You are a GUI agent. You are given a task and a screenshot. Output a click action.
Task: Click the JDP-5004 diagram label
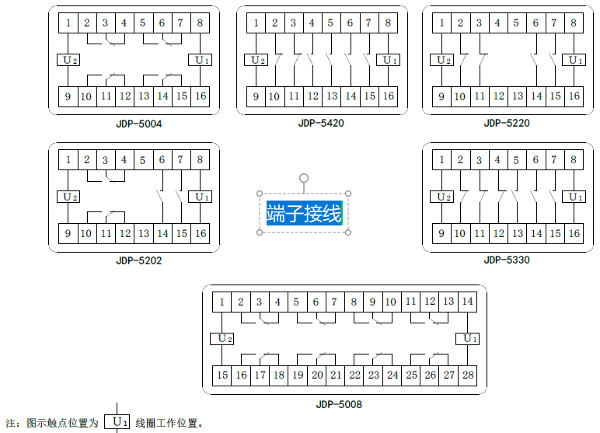coord(139,123)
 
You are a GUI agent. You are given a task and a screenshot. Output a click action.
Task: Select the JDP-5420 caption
coord(320,123)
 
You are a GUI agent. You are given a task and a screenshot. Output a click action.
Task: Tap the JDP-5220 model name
coord(506,123)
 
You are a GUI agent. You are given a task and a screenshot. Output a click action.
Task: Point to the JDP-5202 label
coord(139,260)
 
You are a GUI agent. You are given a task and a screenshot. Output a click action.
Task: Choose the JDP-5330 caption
coord(506,260)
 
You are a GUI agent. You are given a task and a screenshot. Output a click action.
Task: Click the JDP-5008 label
coord(339,404)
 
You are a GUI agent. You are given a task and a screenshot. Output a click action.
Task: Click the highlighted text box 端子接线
coord(304,213)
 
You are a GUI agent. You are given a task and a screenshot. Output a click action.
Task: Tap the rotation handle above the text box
coord(304,178)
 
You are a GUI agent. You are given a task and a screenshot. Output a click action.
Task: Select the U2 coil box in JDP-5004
coord(69,60)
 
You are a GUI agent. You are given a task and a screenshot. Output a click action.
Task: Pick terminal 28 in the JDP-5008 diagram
coord(467,375)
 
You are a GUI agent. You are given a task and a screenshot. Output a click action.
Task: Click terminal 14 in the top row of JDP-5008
coord(467,302)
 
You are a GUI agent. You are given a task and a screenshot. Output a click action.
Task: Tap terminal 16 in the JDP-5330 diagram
coord(574,233)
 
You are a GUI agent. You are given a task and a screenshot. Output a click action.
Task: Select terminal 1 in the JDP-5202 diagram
coord(68,160)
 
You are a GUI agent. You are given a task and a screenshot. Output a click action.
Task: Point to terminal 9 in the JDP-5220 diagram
coord(442,96)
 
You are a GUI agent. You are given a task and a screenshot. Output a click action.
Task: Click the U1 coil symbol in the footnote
coord(117,423)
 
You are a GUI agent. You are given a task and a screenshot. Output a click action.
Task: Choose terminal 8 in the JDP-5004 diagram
coord(200,23)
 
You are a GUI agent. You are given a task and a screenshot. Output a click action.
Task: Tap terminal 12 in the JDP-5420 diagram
coord(312,96)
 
